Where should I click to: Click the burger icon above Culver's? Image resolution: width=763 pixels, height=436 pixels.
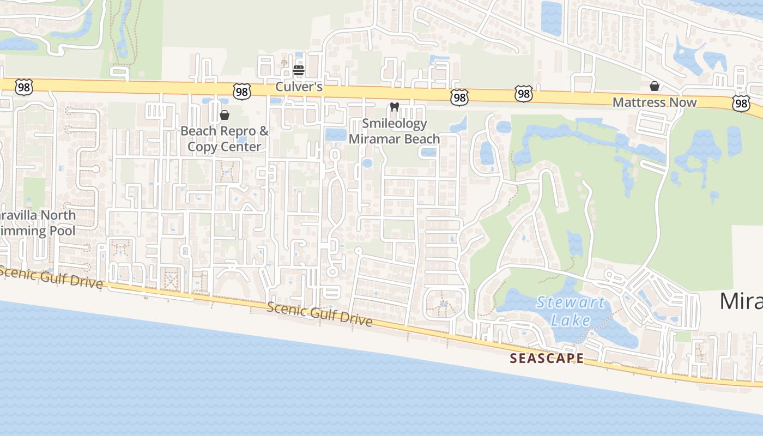tap(298, 70)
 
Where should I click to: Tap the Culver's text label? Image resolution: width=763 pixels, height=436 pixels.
tap(299, 87)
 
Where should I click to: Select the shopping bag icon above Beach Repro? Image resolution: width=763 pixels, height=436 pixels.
tap(224, 115)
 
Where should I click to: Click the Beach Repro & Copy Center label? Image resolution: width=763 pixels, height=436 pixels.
tap(224, 138)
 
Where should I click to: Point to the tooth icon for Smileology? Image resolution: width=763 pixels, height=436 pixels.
tap(395, 107)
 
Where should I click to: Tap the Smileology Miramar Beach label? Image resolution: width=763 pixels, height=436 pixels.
tap(394, 131)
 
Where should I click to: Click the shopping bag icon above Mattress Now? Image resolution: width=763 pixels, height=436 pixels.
tap(654, 86)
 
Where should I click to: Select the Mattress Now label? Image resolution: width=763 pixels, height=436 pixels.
tap(654, 102)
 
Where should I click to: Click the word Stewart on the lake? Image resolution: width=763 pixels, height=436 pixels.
tap(570, 302)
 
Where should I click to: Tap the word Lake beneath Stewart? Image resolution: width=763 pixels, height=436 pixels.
tap(570, 320)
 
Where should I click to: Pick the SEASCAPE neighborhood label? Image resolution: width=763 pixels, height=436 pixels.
tap(547, 358)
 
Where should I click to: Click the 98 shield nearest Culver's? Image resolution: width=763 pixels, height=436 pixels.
tap(241, 91)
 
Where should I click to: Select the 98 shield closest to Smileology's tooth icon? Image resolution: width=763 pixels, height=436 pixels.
tap(459, 97)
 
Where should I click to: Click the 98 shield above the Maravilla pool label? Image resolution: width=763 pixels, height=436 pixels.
tap(25, 87)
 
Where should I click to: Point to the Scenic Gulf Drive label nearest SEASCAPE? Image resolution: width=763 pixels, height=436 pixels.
tap(319, 314)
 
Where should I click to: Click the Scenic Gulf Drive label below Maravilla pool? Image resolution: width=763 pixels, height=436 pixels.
tap(52, 277)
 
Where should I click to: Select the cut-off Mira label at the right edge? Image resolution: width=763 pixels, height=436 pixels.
tap(741, 301)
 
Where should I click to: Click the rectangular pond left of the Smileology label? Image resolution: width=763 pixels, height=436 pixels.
tap(335, 135)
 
